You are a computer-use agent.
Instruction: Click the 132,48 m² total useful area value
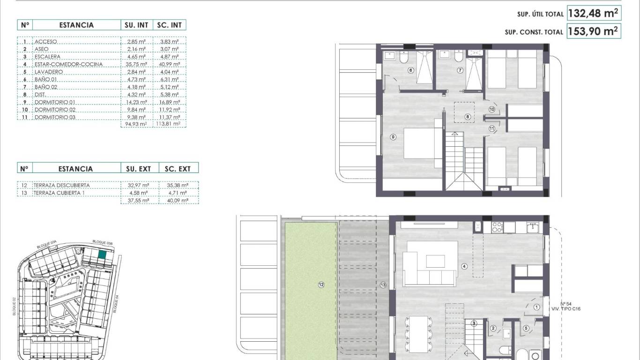[594, 13]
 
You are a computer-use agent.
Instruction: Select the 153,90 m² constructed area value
[594, 31]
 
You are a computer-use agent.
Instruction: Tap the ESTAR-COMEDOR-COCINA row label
[68, 64]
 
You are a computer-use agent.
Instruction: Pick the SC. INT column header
[169, 25]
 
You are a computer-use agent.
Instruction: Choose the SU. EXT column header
[138, 168]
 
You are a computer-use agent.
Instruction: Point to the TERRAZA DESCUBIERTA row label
[61, 185]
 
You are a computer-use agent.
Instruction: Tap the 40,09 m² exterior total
[179, 200]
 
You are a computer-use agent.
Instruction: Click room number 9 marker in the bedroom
[393, 137]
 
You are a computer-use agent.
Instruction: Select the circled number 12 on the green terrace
[321, 285]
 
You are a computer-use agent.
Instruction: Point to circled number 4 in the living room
[464, 267]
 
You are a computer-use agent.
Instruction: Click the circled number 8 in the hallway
[467, 117]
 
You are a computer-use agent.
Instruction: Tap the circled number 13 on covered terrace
[383, 285]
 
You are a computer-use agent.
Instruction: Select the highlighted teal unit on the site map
[102, 255]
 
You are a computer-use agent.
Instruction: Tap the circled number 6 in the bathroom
[410, 71]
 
